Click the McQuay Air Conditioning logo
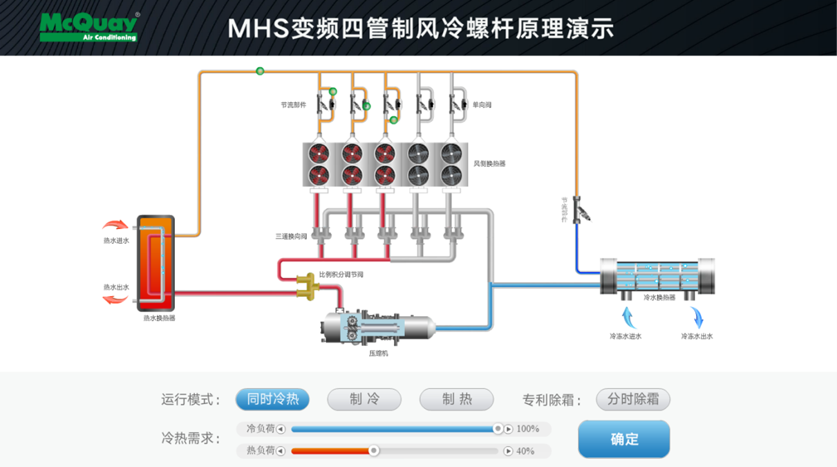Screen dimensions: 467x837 coord(88,27)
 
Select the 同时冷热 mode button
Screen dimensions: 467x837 coord(272,399)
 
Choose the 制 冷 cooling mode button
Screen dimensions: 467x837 coord(364,399)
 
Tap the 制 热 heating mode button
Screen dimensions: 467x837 coord(456,399)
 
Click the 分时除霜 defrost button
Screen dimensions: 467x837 coord(633,399)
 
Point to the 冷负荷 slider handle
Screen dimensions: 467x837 coord(498,429)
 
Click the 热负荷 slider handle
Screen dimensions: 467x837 coord(374,451)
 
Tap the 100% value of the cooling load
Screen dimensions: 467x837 coord(528,429)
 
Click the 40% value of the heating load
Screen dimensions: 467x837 coord(525,451)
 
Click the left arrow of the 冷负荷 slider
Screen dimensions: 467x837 coord(281,429)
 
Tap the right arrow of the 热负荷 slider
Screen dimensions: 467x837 coord(508,451)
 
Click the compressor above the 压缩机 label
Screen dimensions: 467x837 coord(379,327)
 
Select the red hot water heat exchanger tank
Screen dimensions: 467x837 coord(156,263)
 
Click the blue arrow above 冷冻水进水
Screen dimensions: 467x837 coord(628,317)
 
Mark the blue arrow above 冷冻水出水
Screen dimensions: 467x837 coord(697,318)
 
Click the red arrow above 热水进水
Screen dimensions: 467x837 coord(115,225)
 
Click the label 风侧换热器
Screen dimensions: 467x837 coord(489,164)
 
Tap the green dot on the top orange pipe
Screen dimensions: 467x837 coord(260,71)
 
